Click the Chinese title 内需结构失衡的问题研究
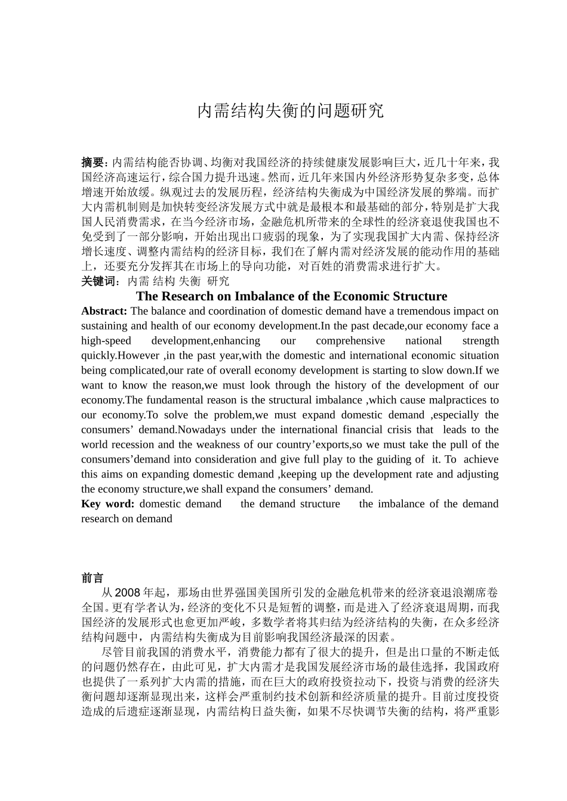click(290, 111)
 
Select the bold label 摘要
click(93, 162)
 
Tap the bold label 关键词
click(99, 281)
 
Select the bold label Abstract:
click(104, 311)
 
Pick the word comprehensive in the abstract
click(350, 341)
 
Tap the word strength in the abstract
click(480, 341)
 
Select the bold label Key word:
click(108, 504)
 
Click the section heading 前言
click(93, 578)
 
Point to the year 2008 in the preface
click(127, 593)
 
